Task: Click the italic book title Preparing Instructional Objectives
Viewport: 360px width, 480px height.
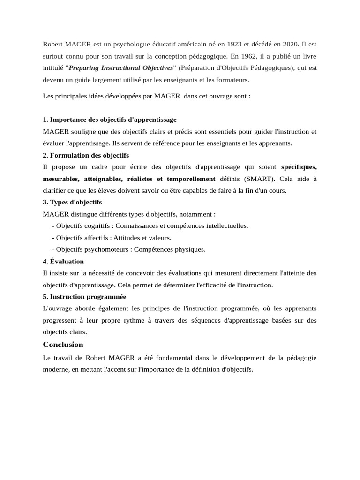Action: coord(121,68)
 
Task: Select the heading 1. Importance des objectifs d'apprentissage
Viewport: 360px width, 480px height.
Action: coord(110,120)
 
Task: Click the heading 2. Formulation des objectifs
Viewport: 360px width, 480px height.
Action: coord(86,155)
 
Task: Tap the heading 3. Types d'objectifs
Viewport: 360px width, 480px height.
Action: coord(72,202)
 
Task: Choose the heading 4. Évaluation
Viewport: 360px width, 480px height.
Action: coord(63,261)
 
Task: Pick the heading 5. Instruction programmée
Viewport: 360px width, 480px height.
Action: coord(84,297)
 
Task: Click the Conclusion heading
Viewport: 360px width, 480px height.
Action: coord(63,345)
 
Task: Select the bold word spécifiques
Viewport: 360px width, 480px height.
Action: coord(299,167)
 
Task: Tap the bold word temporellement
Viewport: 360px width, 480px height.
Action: coord(191,179)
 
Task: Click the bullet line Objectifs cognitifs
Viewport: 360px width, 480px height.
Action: coord(150,225)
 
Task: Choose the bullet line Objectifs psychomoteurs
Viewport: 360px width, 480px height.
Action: coord(129,249)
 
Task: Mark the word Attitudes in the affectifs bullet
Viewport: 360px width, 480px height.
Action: coord(128,238)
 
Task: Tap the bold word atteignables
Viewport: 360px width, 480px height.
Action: coord(103,179)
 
